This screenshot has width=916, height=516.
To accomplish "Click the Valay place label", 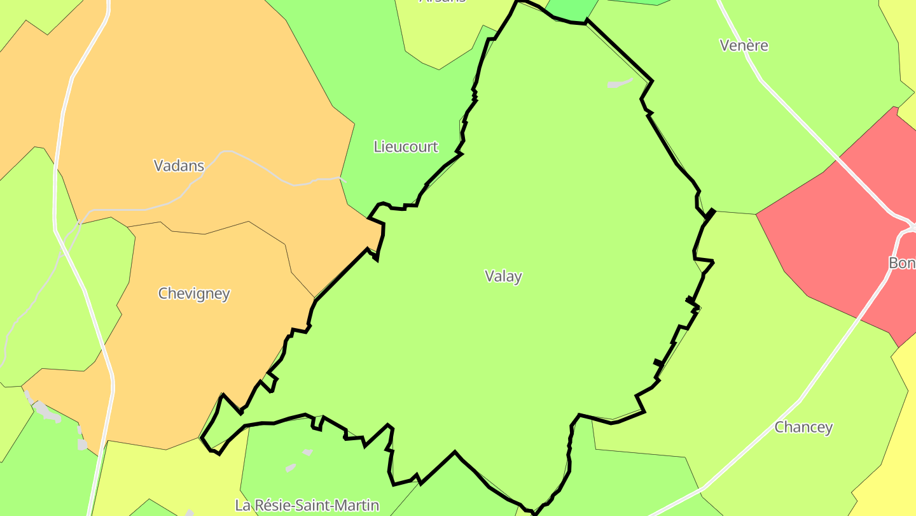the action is pyautogui.click(x=503, y=276).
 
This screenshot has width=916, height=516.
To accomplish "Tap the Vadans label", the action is pyautogui.click(x=179, y=166).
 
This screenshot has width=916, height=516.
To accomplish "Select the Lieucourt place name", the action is pyautogui.click(x=406, y=147).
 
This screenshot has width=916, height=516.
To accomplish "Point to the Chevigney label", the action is pyautogui.click(x=194, y=294).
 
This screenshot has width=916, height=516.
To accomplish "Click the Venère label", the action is pyautogui.click(x=744, y=45).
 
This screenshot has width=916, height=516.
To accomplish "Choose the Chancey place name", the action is pyautogui.click(x=803, y=427).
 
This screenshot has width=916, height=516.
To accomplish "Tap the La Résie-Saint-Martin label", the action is pyautogui.click(x=307, y=505).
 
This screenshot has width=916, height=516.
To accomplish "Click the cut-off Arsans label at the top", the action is pyautogui.click(x=442, y=2).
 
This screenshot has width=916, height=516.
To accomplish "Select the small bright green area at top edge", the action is pyautogui.click(x=571, y=10).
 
